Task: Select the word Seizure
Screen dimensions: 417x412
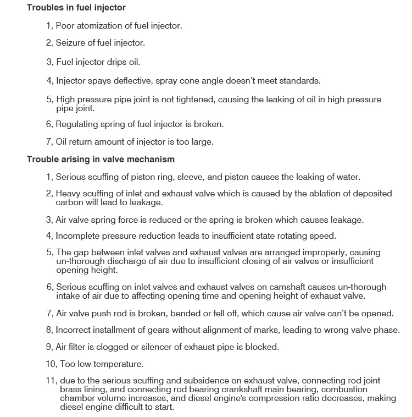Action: (71, 42)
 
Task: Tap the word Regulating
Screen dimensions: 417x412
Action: (76, 124)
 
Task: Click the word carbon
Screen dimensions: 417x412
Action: (70, 202)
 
